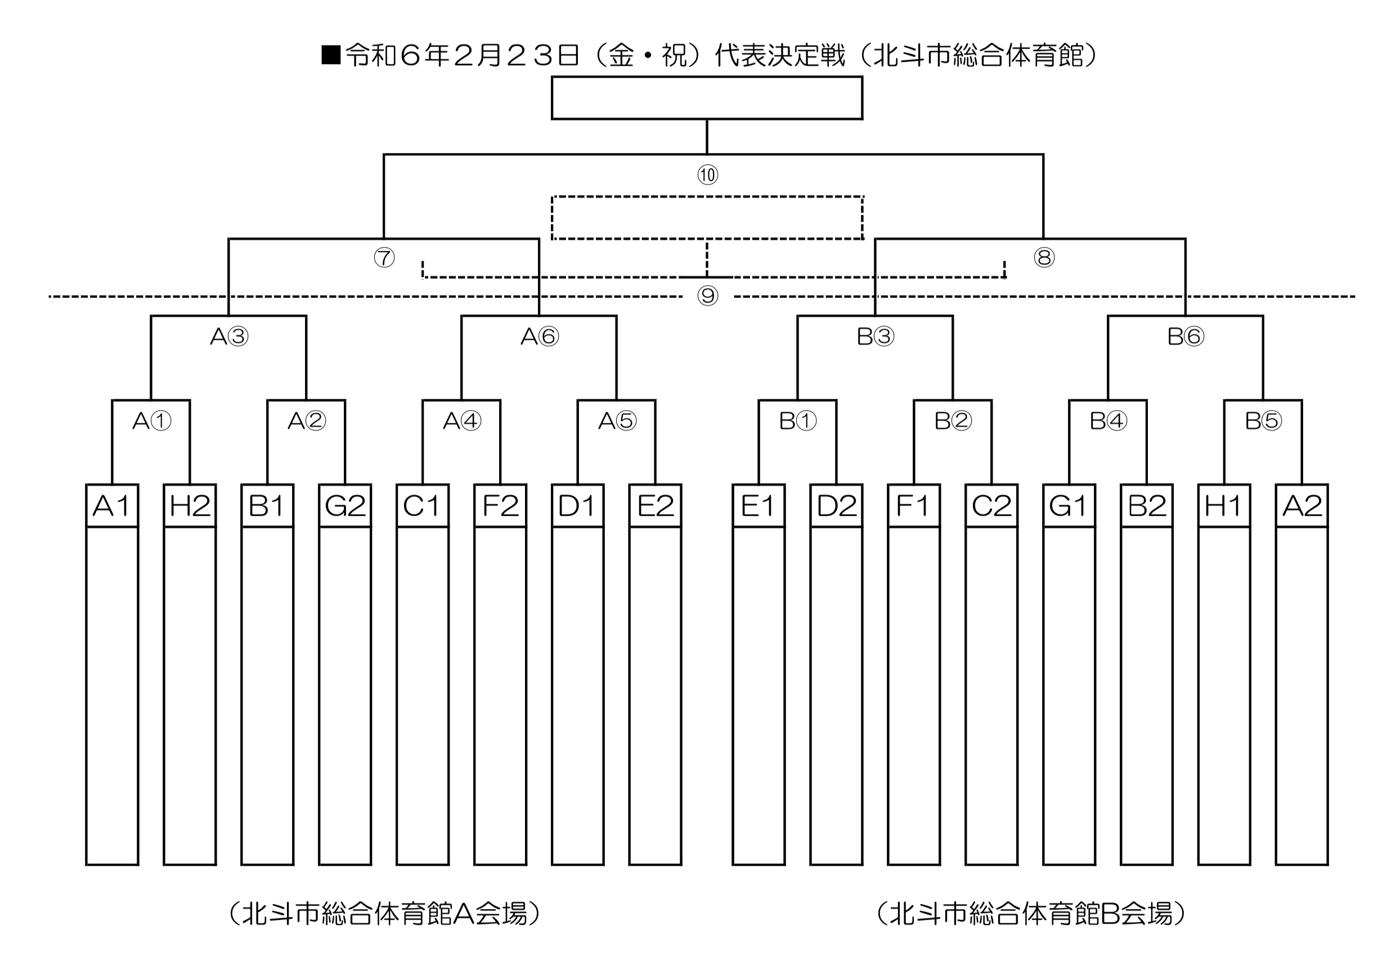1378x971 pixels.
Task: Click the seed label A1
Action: pos(111,506)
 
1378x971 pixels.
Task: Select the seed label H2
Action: pos(190,506)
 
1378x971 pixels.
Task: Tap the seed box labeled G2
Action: pos(345,506)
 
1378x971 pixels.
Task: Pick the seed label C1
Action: pos(422,506)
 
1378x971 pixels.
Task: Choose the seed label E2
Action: pos(656,506)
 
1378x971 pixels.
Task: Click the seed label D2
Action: pos(836,506)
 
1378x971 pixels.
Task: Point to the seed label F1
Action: pos(913,506)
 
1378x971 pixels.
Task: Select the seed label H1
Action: pos(1224,506)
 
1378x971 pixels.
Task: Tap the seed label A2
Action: pos(1302,506)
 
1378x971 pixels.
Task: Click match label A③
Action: pos(229,336)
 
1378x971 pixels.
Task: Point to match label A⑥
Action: pos(540,336)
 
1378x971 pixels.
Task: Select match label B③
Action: pos(875,336)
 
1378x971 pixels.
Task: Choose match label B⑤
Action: pos(1263,421)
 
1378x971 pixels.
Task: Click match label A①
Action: pos(151,421)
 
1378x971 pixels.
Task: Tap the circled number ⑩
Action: pos(708,175)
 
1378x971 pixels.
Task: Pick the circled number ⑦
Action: pos(384,258)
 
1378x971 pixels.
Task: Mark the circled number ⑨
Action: pos(708,296)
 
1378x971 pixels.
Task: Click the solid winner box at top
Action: pos(707,98)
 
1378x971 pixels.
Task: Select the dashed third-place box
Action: pos(707,217)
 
